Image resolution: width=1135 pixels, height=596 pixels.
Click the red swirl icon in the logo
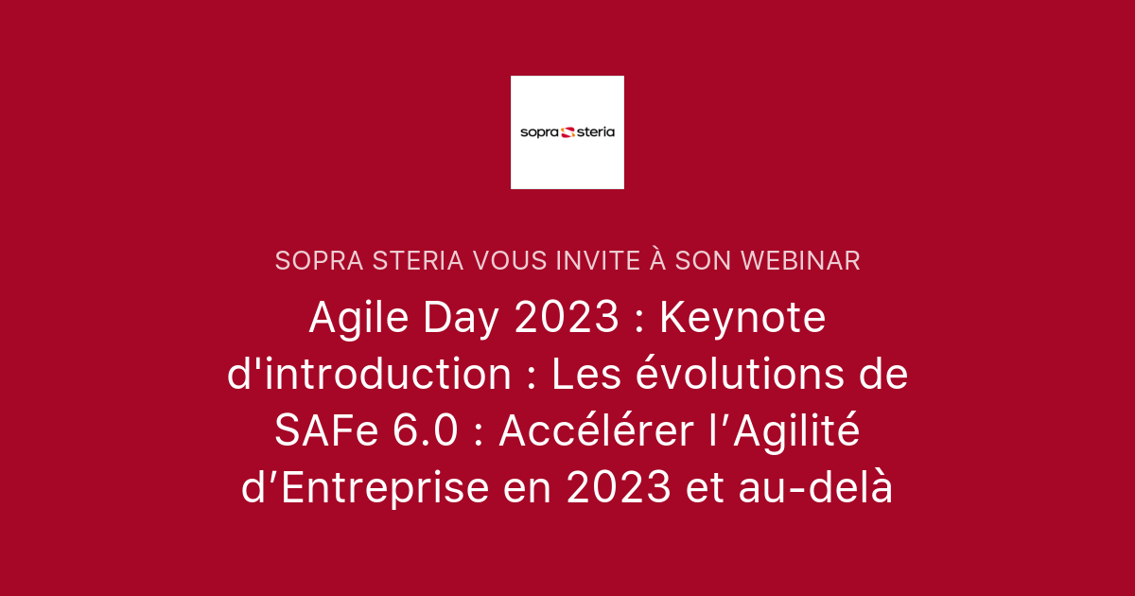point(568,132)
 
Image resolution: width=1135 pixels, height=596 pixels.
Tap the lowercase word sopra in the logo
point(540,132)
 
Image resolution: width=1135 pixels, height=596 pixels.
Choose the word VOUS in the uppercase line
point(508,261)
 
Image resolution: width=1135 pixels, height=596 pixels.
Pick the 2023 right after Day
point(567,319)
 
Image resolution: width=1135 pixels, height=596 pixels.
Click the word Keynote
point(742,319)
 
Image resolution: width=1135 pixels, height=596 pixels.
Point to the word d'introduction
point(370,376)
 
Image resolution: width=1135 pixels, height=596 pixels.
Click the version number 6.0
point(423,432)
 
